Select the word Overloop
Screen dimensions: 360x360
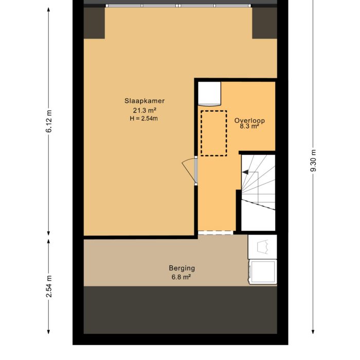click(249, 120)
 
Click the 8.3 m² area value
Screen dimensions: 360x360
click(249, 126)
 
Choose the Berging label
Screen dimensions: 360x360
click(182, 268)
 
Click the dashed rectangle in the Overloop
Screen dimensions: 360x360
click(213, 133)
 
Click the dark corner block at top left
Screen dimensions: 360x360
click(94, 23)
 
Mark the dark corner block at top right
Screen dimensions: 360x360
click(264, 23)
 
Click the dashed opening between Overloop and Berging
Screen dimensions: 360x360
click(217, 233)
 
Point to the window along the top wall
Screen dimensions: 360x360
click(179, 6)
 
